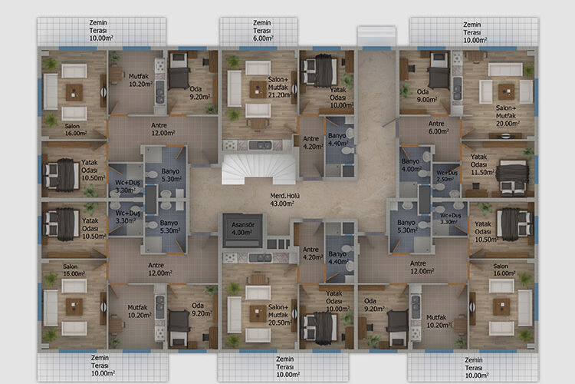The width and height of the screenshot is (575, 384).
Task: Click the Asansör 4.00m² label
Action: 242,229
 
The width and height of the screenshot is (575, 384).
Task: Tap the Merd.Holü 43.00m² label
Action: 284,200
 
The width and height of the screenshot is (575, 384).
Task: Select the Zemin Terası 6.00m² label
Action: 262,31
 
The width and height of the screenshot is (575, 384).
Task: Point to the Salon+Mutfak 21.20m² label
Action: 279,87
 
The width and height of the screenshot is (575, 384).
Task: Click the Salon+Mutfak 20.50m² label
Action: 280,315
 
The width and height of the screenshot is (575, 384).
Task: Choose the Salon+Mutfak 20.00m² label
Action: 508,116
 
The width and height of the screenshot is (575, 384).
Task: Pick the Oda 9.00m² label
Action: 426,95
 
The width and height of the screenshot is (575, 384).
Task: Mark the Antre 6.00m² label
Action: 439,127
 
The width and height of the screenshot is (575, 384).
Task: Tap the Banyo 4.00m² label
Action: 412,165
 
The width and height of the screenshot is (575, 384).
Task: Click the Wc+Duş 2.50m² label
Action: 446,176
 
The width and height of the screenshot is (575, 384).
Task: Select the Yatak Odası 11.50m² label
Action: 482,164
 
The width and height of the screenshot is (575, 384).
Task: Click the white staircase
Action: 258,170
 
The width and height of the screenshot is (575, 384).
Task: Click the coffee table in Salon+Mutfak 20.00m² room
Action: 506,91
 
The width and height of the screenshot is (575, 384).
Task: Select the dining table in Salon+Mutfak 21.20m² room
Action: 258,124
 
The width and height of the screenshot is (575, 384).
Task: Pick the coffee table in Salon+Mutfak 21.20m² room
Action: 258,89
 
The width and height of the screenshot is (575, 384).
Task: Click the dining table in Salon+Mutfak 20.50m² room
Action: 258,280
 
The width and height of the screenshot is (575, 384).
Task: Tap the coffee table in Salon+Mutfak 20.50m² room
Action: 258,313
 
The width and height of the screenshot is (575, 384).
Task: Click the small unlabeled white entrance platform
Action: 376,35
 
